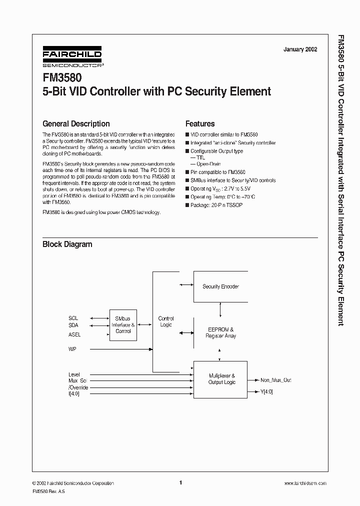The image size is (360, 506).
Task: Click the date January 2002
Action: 300,49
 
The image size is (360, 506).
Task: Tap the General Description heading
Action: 76,123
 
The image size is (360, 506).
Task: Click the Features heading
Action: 200,123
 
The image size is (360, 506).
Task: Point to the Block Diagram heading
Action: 67,244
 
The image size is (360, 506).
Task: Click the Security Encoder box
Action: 220,286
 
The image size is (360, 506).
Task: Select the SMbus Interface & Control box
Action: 123,324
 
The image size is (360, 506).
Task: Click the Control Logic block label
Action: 166,321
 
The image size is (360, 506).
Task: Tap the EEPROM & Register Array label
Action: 220,333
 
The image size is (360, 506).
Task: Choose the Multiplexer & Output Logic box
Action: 220,379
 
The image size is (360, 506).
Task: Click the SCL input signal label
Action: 73,318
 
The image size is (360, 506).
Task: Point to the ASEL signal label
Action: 74,334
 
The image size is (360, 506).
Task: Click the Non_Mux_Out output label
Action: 275,380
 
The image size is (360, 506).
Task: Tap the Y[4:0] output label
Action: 266,391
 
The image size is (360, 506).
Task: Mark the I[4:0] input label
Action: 74,393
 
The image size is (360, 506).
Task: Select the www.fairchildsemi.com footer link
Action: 305,483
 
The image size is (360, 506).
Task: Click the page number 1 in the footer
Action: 180,482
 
